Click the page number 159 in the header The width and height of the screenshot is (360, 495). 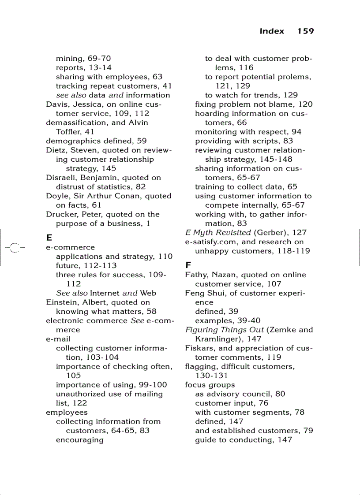(305, 31)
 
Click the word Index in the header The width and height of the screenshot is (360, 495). (272, 31)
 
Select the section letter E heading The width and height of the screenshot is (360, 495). (49, 238)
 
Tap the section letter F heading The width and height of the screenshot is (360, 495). (188, 265)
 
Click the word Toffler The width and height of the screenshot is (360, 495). (68, 132)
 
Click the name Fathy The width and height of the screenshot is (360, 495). (195, 275)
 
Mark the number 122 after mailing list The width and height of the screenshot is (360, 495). (80, 403)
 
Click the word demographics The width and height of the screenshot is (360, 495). (72, 141)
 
